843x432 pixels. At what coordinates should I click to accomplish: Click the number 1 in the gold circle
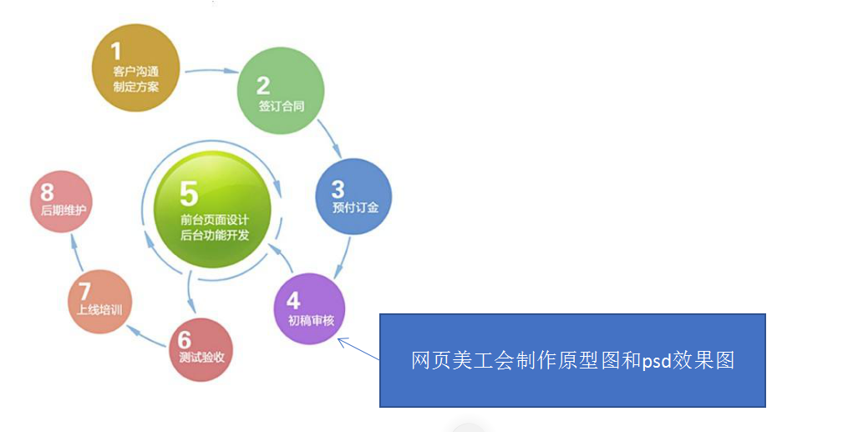click(117, 52)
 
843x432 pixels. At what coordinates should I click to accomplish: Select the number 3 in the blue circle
click(338, 188)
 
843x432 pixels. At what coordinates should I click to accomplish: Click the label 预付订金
click(355, 206)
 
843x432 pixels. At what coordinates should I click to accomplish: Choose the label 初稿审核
click(310, 320)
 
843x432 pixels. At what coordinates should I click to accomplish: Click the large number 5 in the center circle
click(189, 194)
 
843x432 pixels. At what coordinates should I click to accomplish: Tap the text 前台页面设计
click(215, 220)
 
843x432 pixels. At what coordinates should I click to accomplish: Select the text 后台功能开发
click(215, 236)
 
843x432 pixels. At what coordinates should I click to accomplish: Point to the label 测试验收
click(201, 358)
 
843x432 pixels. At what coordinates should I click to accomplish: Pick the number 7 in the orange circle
click(84, 291)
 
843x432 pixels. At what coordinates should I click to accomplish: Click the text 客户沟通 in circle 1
click(136, 72)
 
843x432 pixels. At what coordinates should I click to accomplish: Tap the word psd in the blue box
click(658, 361)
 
